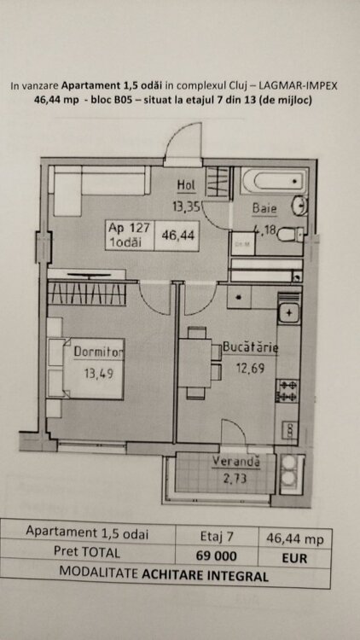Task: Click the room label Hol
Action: pyautogui.click(x=187, y=185)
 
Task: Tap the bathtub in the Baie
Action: pyautogui.click(x=275, y=180)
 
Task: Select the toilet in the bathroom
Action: pyautogui.click(x=290, y=235)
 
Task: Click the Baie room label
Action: pyautogui.click(x=264, y=208)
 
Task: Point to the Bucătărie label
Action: pyautogui.click(x=251, y=348)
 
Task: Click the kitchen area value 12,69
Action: pyautogui.click(x=250, y=368)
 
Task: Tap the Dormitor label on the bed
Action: pyautogui.click(x=99, y=352)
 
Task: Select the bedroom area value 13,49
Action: pyautogui.click(x=98, y=373)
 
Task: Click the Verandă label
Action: pyautogui.click(x=236, y=462)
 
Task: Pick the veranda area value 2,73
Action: pyautogui.click(x=235, y=478)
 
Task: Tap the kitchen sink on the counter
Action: pyautogui.click(x=289, y=313)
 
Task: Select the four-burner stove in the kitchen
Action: pyautogui.click(x=287, y=391)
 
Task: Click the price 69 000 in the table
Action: pyautogui.click(x=217, y=556)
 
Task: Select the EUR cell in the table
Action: pyautogui.click(x=294, y=558)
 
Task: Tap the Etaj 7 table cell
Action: pyautogui.click(x=217, y=537)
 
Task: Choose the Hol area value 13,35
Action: pyautogui.click(x=186, y=207)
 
